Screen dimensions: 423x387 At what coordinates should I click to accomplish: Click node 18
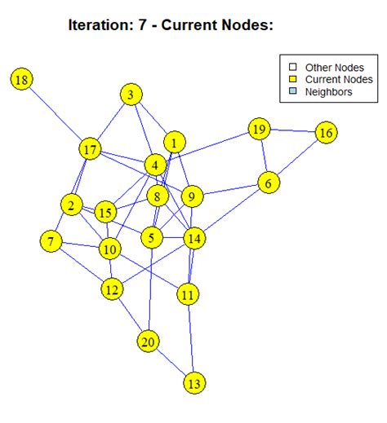[x=22, y=79]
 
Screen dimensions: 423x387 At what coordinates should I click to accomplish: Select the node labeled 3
[x=130, y=95]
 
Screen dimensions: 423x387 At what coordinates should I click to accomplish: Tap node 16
[x=326, y=133]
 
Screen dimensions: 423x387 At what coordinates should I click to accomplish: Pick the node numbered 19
[x=260, y=130]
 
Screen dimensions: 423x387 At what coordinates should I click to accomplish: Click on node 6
[x=267, y=183]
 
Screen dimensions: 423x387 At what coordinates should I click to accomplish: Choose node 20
[x=148, y=341]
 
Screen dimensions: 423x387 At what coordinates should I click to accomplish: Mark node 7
[x=51, y=241]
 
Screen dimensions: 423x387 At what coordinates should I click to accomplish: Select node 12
[x=112, y=289]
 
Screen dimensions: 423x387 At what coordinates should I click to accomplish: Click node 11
[x=189, y=294]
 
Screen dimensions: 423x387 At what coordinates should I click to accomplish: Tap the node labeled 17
[x=90, y=150]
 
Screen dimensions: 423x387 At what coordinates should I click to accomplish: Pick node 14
[x=193, y=239]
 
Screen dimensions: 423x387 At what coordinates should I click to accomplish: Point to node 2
[x=71, y=205]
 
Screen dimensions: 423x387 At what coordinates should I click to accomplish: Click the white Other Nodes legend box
[x=289, y=66]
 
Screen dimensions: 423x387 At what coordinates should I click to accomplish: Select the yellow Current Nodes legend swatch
[x=289, y=79]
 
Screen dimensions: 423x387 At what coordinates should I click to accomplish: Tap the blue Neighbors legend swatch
[x=289, y=92]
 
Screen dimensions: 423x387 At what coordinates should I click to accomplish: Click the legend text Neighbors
[x=328, y=92]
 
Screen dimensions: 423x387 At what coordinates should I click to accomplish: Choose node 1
[x=174, y=143]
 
